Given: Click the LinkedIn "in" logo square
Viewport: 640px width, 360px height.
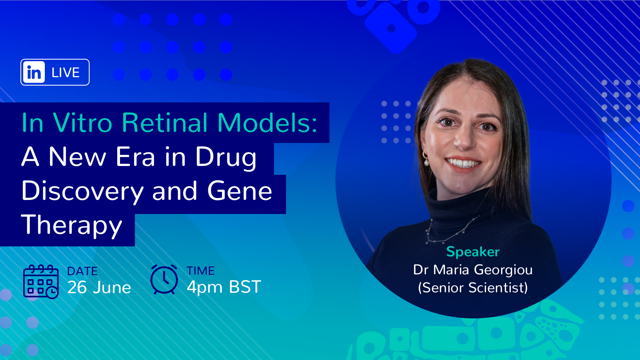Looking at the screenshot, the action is (34, 72).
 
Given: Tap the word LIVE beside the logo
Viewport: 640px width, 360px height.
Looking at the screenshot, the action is (66, 72).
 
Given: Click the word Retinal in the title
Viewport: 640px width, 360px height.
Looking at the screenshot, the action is (164, 122).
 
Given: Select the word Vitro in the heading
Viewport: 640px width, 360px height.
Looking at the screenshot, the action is (82, 122).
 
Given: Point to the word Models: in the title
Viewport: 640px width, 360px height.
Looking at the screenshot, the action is (267, 122).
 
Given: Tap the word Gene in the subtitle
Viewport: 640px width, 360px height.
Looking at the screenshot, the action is (240, 191).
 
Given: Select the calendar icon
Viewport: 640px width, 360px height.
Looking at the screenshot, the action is (41, 282).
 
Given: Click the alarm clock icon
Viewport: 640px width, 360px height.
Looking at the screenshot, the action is (164, 280).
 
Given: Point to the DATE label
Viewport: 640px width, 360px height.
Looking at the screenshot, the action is (82, 271).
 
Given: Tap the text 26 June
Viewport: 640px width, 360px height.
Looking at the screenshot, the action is (99, 288).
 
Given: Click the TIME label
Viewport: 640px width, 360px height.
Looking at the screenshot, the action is (200, 271).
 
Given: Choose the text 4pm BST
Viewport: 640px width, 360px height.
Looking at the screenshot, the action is (224, 287).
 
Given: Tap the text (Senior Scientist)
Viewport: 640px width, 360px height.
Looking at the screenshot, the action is (473, 288).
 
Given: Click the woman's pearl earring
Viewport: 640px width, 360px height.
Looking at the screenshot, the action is (426, 162).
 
